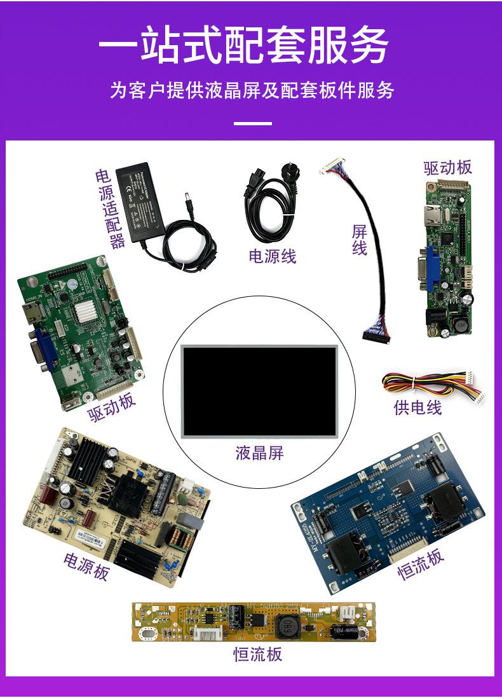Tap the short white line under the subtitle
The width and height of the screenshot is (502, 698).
coord(253,123)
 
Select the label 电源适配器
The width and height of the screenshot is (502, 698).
coord(109,209)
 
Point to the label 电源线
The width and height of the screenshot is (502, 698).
coord(272,256)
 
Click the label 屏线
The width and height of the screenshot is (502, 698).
coord(360,240)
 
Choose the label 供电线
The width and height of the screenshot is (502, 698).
coord(417,407)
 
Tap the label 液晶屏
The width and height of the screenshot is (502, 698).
coord(259,453)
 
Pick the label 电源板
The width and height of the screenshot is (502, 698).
coord(86,565)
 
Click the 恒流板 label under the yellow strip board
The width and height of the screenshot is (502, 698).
coord(257,654)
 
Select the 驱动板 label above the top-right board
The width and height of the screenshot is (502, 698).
coord(448,167)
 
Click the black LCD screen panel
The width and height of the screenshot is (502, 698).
coord(259,390)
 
